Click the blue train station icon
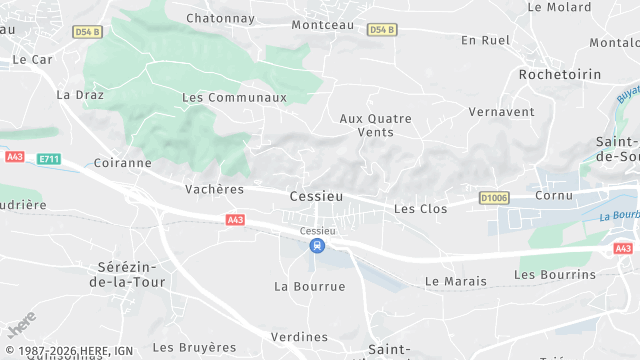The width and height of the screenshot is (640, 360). pyautogui.click(x=316, y=245)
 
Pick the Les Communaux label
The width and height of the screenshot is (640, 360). pyautogui.click(x=234, y=98)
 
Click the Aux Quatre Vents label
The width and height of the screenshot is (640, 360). pyautogui.click(x=375, y=125)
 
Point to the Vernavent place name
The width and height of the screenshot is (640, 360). pyautogui.click(x=501, y=111)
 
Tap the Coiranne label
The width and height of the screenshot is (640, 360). pyautogui.click(x=121, y=162)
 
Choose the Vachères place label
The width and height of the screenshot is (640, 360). pyautogui.click(x=214, y=188)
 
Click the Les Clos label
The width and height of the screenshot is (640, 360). pyautogui.click(x=420, y=209)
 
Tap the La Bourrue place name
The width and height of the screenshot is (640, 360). pyautogui.click(x=309, y=286)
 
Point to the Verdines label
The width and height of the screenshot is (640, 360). pyautogui.click(x=299, y=336)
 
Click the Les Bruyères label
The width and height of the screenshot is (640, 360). pyautogui.click(x=194, y=347)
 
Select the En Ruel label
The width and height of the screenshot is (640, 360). pyautogui.click(x=485, y=40)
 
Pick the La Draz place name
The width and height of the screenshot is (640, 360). pyautogui.click(x=74, y=95)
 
